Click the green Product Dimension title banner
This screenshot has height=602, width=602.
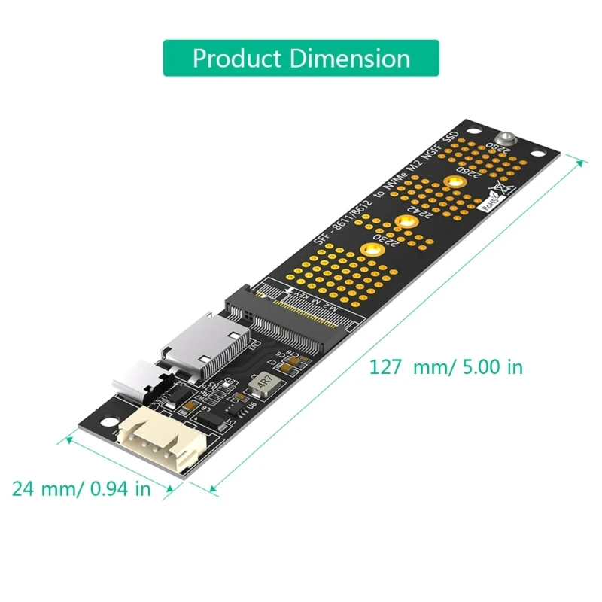tap(301, 58)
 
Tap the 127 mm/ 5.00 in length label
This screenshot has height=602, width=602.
tap(445, 367)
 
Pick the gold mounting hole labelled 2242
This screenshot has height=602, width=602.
tap(406, 221)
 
